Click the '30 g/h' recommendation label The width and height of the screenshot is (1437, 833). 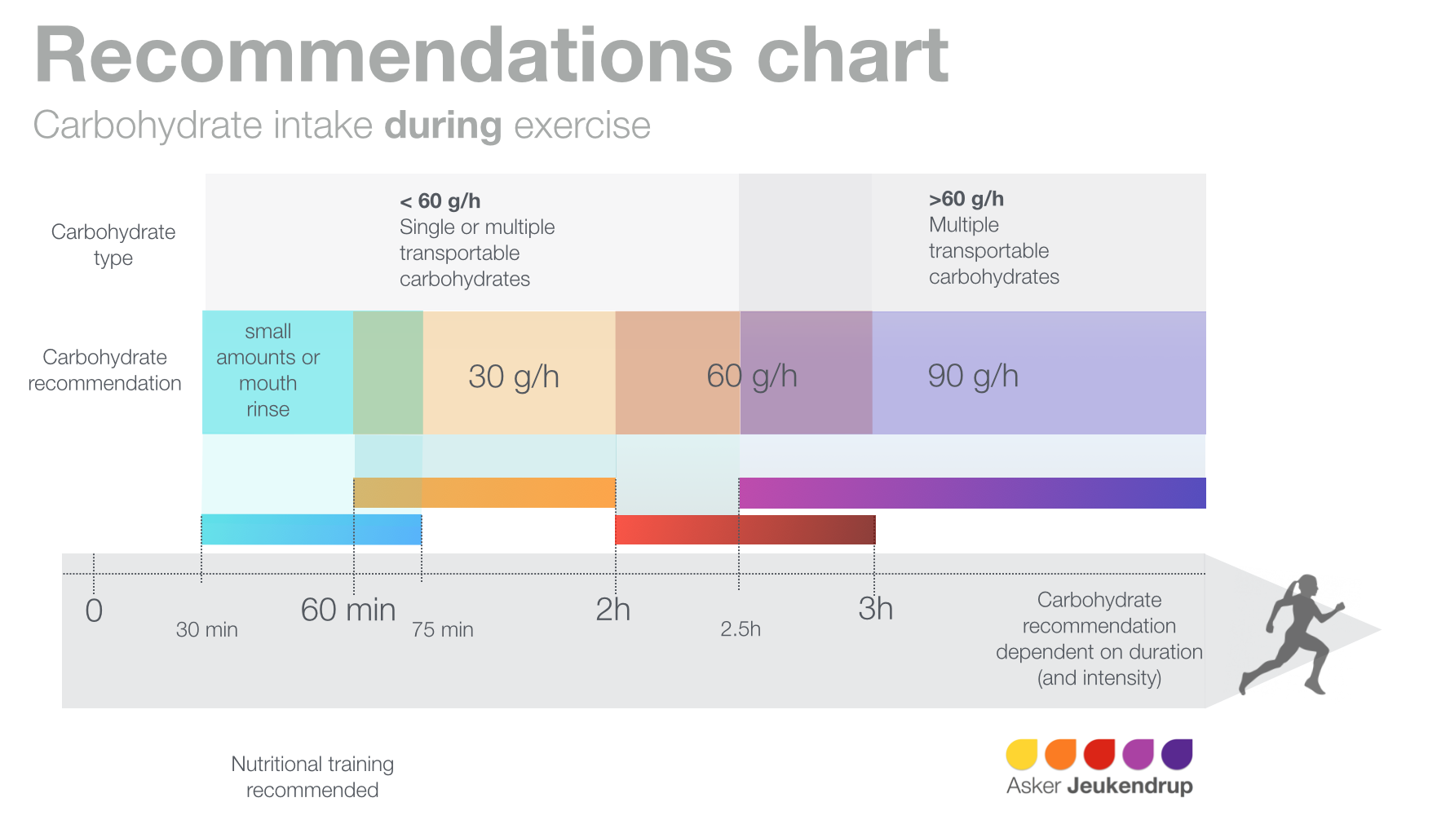pyautogui.click(x=514, y=377)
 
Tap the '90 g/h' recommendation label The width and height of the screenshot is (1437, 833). pyautogui.click(x=973, y=376)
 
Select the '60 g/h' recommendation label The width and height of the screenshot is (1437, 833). pyautogui.click(x=751, y=376)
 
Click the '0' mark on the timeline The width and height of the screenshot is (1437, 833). pyautogui.click(x=94, y=610)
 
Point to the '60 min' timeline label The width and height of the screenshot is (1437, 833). pyautogui.click(x=348, y=610)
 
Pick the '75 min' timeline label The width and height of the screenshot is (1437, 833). pyautogui.click(x=442, y=629)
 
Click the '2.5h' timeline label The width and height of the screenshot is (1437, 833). pyautogui.click(x=741, y=628)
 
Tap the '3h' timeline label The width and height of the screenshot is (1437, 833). pyautogui.click(x=875, y=609)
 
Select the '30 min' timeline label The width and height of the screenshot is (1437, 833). pyautogui.click(x=207, y=629)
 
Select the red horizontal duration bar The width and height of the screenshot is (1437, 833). pyautogui.click(x=745, y=530)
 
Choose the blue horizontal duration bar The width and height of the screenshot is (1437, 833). pyautogui.click(x=312, y=530)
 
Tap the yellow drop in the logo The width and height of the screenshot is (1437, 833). pyautogui.click(x=1021, y=754)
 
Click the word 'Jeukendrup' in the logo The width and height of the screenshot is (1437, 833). pyautogui.click(x=1130, y=786)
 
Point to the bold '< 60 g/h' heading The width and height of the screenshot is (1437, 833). pyautogui.click(x=440, y=201)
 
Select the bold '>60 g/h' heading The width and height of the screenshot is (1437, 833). pyautogui.click(x=966, y=199)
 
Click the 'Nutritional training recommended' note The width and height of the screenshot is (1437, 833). pyautogui.click(x=312, y=777)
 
